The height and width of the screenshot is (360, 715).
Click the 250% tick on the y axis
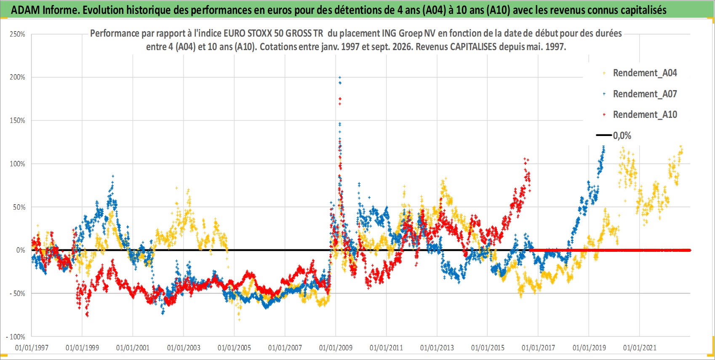[17, 34]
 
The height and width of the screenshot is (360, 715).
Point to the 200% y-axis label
[17, 77]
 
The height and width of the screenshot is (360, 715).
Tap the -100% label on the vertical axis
[15, 337]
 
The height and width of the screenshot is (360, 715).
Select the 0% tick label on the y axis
[21, 250]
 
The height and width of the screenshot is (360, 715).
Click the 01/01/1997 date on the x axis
[32, 347]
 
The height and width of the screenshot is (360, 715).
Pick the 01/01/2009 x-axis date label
[336, 347]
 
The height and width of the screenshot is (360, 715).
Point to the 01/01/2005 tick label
[234, 347]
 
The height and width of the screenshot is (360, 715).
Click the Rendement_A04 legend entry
[645, 73]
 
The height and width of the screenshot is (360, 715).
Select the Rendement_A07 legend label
[645, 94]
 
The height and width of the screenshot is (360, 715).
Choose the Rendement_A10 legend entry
[645, 115]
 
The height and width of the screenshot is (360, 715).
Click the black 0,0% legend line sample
[603, 135]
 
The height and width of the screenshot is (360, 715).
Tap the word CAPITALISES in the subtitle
[472, 47]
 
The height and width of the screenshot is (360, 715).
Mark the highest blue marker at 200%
[340, 77]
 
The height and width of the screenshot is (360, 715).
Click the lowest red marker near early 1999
[88, 315]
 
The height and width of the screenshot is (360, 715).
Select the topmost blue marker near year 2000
[113, 176]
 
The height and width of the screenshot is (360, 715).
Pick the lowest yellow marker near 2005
[239, 320]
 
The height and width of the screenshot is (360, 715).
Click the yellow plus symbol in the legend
[604, 73]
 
